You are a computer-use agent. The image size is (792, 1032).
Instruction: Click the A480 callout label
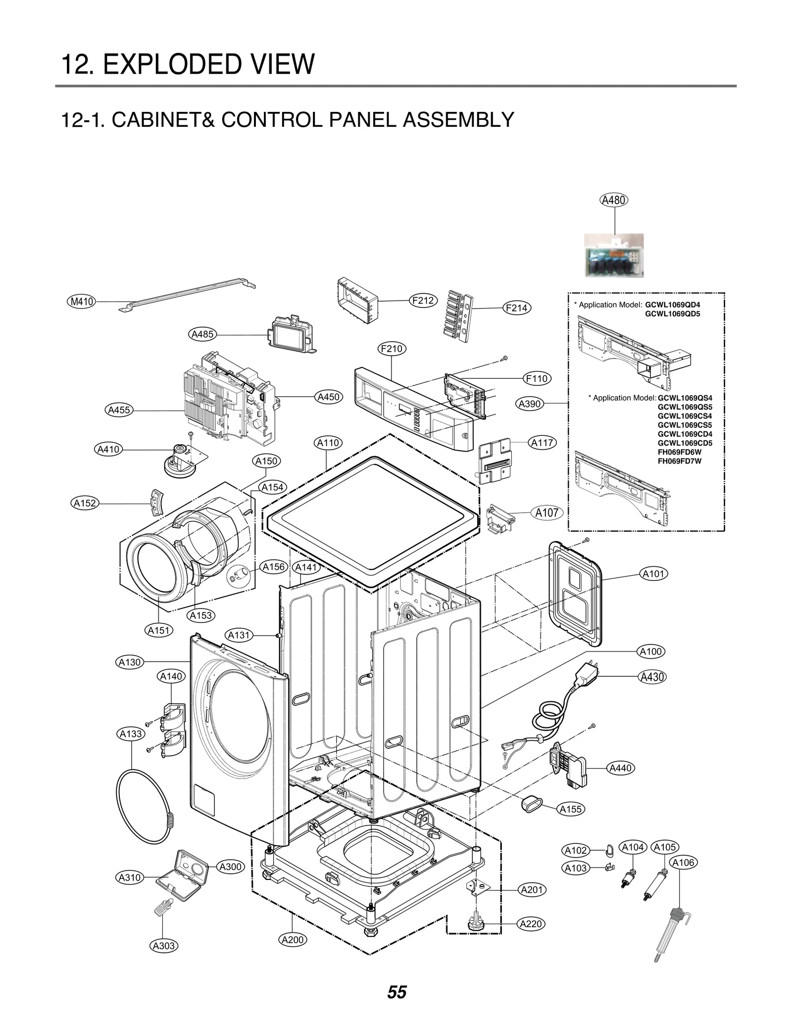point(614,200)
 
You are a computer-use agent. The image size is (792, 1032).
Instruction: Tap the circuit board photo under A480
point(614,255)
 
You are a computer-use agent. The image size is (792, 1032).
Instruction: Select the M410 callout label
point(82,301)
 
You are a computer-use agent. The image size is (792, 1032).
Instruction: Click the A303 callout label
point(164,946)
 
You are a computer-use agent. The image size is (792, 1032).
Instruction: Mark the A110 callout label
point(328,443)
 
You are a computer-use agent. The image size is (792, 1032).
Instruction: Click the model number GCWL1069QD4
point(672,305)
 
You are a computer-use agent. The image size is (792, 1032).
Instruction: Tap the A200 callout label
point(293,939)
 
